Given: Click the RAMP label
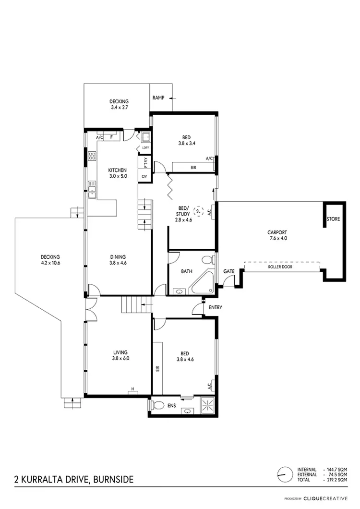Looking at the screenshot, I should point(158,97).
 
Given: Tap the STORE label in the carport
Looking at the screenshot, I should point(333,219).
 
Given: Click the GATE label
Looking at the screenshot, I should point(229,271).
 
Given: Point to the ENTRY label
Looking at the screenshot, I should point(215,307).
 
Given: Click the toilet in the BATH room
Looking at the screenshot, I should point(207,261).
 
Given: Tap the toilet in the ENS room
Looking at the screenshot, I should point(155,405).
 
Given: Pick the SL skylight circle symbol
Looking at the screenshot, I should point(199,210).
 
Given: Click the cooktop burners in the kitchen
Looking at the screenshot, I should point(91,156).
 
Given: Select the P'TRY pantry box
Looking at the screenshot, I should point(144,163).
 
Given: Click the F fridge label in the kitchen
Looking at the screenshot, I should point(112,137).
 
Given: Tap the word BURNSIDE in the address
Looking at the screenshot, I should point(111,479).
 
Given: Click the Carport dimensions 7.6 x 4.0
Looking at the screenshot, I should point(277,238).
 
